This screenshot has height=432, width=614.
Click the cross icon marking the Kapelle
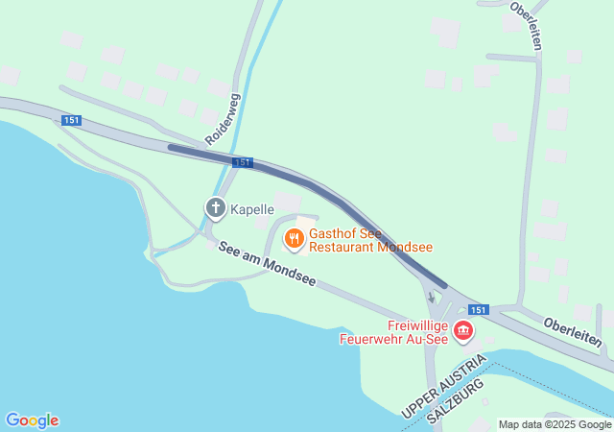pyautogui.click(x=216, y=206)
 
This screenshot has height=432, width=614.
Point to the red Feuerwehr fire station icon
pyautogui.click(x=463, y=332)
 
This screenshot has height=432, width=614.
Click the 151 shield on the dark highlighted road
pyautogui.click(x=243, y=162)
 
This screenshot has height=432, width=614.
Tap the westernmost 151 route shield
pyautogui.click(x=71, y=120)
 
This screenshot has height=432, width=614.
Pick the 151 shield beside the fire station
pyautogui.click(x=479, y=309)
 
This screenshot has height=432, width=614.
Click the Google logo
pyautogui.click(x=32, y=420)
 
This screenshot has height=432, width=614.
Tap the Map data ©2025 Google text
pyautogui.click(x=555, y=424)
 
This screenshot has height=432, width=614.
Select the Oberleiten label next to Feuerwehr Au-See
pyautogui.click(x=572, y=332)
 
